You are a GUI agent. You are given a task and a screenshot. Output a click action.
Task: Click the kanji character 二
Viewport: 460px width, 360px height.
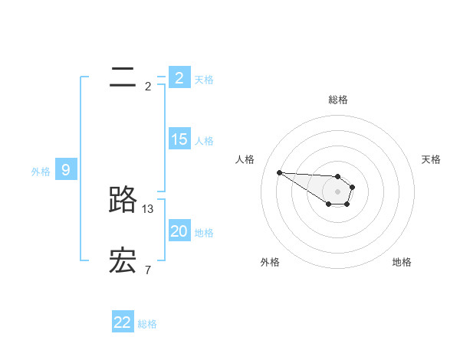(123, 77)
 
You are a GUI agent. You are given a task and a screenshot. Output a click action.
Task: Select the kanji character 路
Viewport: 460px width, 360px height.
(123, 199)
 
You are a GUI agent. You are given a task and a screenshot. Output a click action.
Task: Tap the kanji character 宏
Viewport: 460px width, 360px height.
(123, 260)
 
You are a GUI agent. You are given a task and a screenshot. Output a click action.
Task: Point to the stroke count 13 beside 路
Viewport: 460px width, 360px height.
(148, 208)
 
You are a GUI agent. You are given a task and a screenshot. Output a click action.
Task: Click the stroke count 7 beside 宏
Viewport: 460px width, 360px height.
(147, 270)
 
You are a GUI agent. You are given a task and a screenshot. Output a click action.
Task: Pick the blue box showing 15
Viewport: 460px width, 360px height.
(179, 139)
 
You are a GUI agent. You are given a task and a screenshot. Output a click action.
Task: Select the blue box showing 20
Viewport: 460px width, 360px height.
(179, 231)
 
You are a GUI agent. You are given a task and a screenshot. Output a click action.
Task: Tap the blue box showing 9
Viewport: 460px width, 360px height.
(66, 170)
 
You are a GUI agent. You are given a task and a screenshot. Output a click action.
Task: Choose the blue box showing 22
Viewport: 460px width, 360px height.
(123, 322)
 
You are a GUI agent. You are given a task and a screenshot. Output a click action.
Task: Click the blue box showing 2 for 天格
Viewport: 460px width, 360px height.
(179, 77)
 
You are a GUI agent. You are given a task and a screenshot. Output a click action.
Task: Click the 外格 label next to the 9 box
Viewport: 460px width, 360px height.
(41, 172)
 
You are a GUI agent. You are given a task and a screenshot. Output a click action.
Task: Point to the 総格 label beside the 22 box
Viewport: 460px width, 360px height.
(147, 324)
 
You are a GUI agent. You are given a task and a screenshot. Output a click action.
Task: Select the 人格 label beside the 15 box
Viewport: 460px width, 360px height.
(204, 141)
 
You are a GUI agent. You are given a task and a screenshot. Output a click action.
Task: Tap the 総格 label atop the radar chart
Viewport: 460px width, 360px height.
(338, 100)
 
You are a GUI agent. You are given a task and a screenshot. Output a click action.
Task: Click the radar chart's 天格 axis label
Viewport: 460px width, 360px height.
(432, 159)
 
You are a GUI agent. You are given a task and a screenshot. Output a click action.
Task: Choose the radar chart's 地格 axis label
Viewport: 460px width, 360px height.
(402, 262)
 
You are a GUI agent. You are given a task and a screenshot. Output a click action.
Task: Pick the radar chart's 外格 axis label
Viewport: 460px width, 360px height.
(270, 262)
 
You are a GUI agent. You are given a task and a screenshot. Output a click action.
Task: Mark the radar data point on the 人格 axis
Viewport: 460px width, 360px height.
(280, 172)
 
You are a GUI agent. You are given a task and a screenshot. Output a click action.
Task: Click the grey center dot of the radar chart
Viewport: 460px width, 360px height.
(338, 191)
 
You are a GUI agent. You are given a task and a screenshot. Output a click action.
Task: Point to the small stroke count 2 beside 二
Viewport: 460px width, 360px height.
(148, 86)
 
